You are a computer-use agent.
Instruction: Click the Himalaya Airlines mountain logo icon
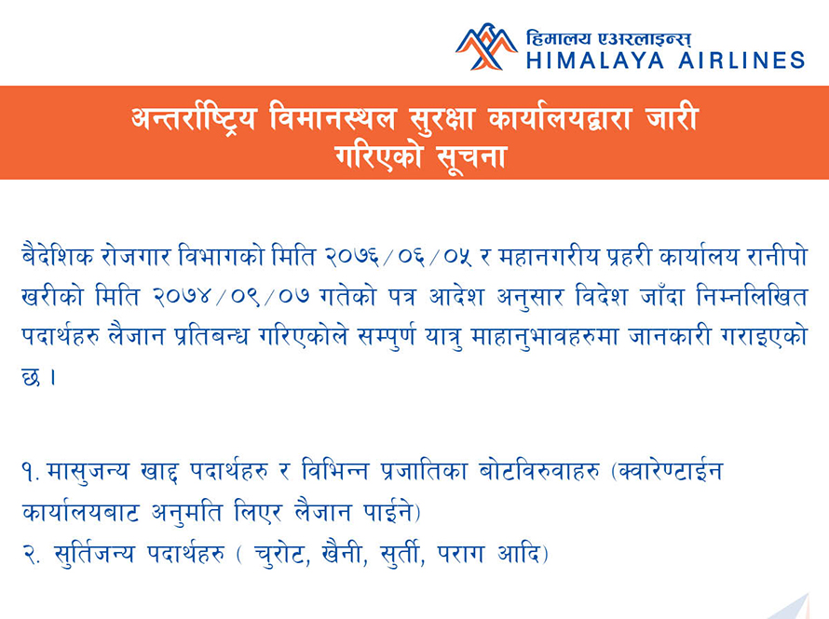tap(486, 47)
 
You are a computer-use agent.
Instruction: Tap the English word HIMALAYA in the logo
tap(595, 61)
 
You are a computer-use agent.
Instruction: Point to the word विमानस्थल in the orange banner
tap(333, 117)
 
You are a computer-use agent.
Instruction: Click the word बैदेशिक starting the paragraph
tap(58, 256)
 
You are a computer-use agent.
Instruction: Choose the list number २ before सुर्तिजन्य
tap(31, 555)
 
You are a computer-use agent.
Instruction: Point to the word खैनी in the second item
tap(345, 554)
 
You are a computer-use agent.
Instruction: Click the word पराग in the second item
tap(460, 555)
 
